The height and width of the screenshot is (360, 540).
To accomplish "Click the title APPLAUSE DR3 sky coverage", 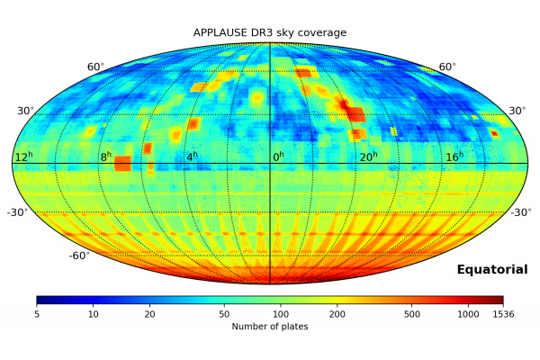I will point(270,33).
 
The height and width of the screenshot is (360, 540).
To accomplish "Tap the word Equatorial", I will point(491,269).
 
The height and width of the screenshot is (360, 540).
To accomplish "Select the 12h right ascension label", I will point(23,157).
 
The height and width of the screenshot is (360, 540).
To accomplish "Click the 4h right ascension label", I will point(191,157).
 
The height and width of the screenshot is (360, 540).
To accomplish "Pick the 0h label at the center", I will point(278,157).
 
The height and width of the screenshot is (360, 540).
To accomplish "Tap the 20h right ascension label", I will point(367,157).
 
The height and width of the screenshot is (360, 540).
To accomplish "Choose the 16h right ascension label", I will point(454,157).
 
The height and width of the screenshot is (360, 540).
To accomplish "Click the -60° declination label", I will point(78,256).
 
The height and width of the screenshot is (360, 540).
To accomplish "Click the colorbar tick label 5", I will point(37,313).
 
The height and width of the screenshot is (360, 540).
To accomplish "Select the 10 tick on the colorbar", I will point(94,313).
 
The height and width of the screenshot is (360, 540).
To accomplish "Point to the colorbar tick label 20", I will point(149,313).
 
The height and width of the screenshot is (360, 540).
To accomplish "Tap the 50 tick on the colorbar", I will point(224,313).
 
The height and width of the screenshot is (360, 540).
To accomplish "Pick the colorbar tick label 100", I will point(280,313).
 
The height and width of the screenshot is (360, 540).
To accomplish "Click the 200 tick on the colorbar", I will point(337,313).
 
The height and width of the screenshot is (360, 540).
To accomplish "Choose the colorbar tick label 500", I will point(411,313).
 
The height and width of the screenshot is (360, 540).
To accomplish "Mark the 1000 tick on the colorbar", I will point(467,313).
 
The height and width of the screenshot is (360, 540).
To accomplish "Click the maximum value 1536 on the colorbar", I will point(501,313).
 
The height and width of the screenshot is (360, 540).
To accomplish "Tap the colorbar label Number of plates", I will point(270,326).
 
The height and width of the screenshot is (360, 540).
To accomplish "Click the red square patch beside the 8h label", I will point(122,163).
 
